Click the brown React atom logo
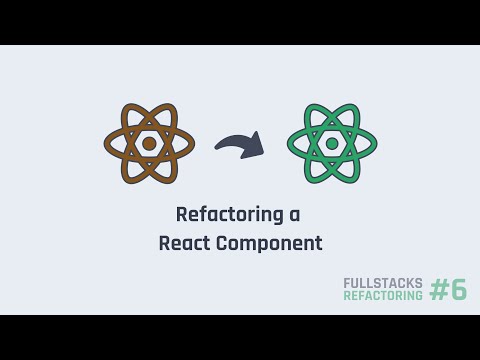coord(149,143)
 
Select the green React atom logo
coord(332,143)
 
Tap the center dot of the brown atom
coord(149,143)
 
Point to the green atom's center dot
coord(332,143)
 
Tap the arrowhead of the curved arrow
coord(256,147)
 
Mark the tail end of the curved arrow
coord(218,150)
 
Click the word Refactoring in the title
coord(225,214)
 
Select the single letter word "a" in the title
coord(294,215)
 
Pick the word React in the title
coord(184,243)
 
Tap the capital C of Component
coord(222,243)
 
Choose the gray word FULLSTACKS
coord(383,283)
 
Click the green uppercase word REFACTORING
coord(383,296)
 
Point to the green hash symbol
coord(439,290)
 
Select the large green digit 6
coord(459,290)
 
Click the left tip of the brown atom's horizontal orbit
coord(106,143)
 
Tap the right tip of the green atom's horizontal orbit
coord(375,143)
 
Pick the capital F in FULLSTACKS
coord(347,283)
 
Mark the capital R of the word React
coord(164,243)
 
